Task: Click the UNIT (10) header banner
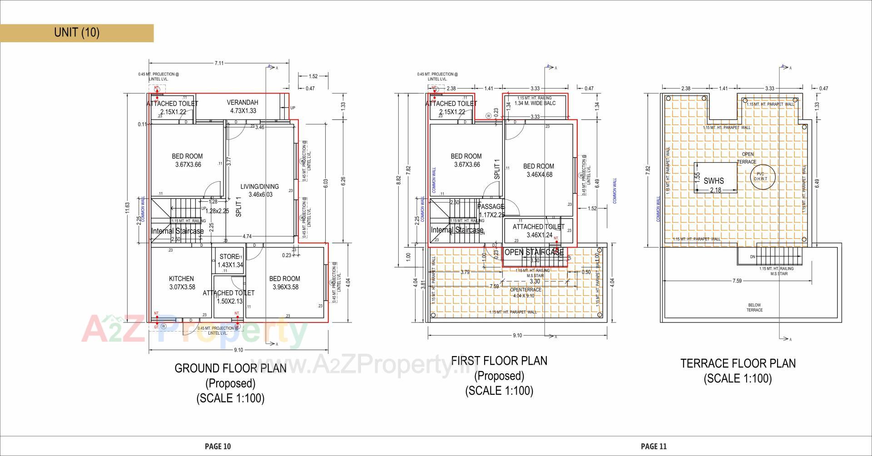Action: (76, 33)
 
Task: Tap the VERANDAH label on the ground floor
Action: (242, 103)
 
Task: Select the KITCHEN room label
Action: (181, 278)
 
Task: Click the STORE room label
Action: (229, 257)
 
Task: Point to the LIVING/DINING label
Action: (259, 186)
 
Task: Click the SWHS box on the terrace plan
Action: (713, 180)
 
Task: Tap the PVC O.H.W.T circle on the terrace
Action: (760, 176)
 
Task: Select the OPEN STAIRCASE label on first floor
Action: (534, 252)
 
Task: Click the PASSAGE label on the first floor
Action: (490, 207)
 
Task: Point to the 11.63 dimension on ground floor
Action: (128, 207)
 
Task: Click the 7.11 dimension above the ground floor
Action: (219, 63)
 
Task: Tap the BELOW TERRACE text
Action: (754, 307)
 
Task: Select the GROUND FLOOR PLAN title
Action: (230, 368)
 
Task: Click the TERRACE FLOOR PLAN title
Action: (738, 363)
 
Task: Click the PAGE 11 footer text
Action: (654, 446)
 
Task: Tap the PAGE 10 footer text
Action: (218, 446)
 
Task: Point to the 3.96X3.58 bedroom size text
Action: (285, 287)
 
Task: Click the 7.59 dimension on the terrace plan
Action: (737, 281)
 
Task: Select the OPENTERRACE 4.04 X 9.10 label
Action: (525, 292)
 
